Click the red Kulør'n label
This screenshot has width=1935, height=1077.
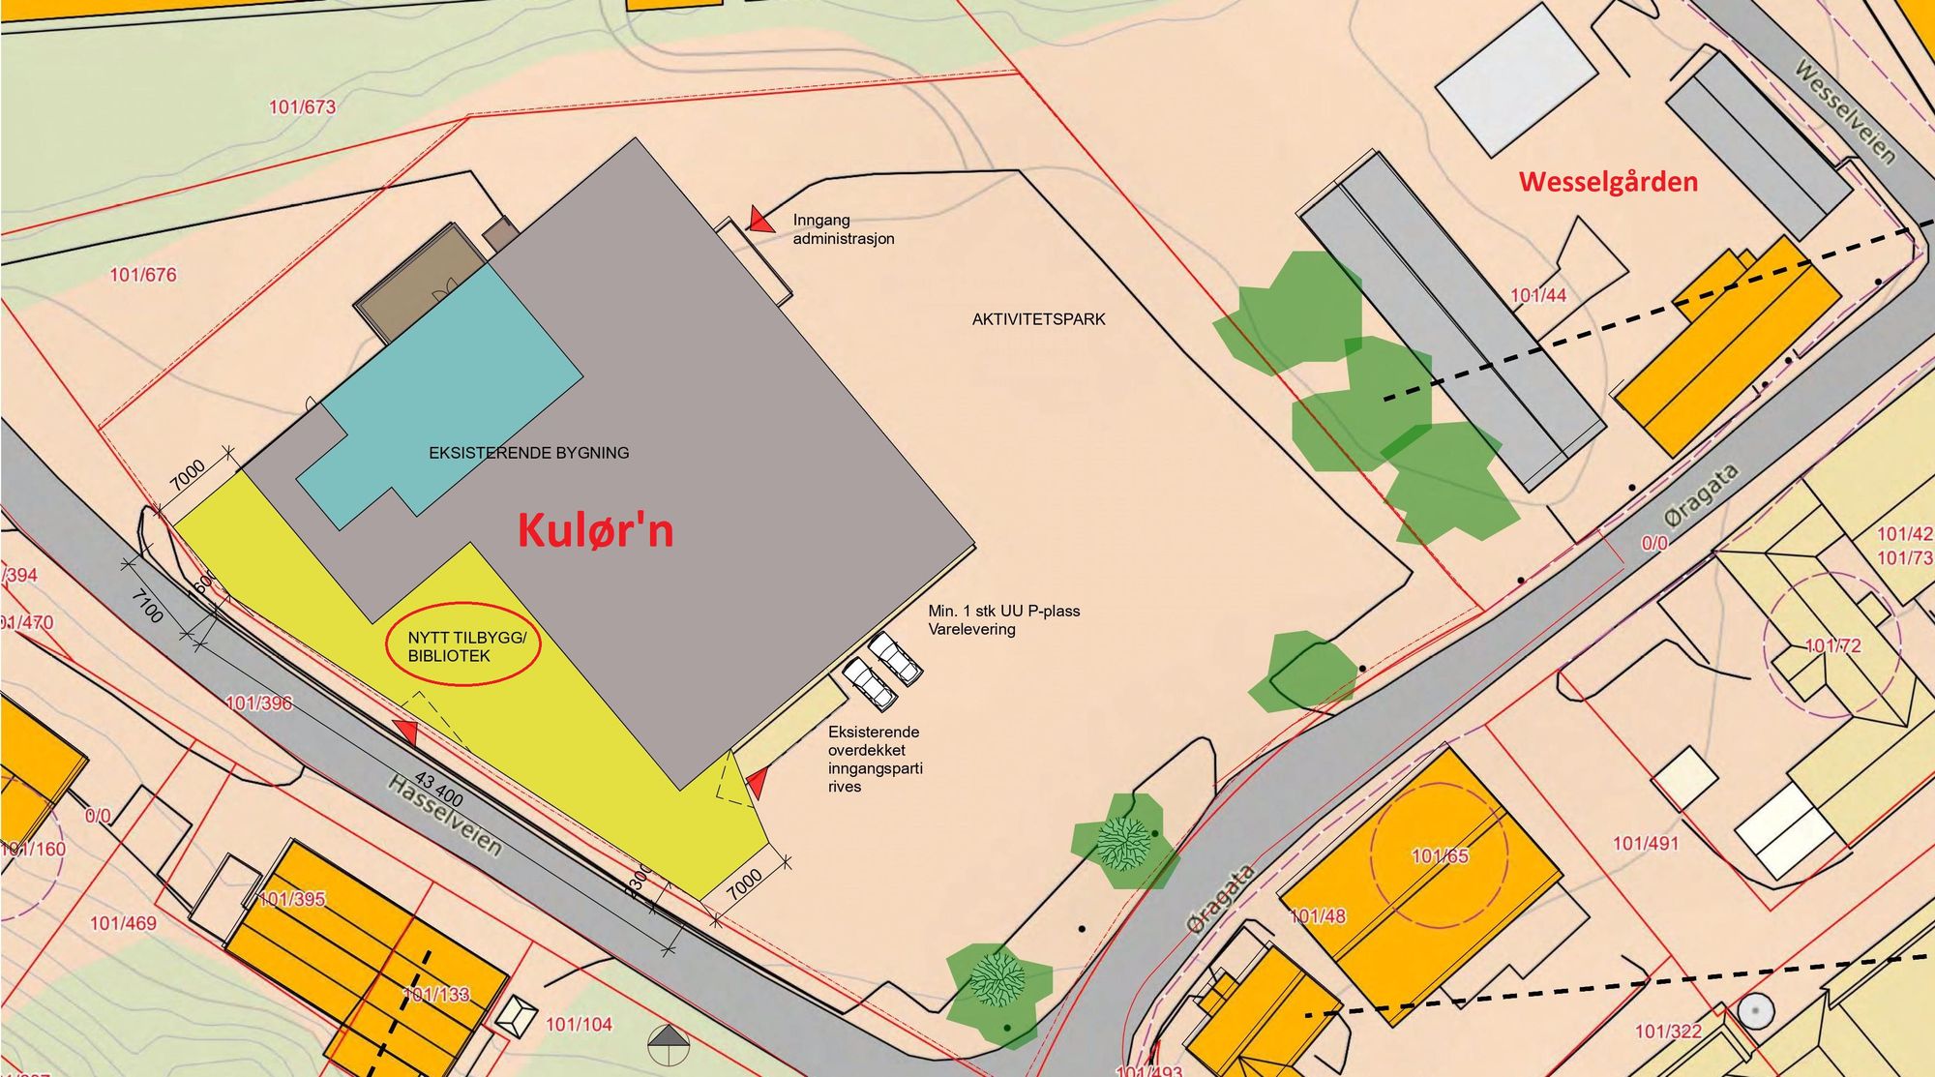coord(595,531)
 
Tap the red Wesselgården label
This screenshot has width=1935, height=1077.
coord(1608,182)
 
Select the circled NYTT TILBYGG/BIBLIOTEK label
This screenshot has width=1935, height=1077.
coord(463,646)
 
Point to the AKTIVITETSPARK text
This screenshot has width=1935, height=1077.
coord(1038,319)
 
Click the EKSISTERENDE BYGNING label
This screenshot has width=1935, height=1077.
coord(528,453)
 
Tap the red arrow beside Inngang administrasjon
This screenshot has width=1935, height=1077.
coord(762,221)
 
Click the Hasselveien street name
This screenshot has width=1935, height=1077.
coord(445,815)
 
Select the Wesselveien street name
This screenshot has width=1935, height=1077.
coord(1843,111)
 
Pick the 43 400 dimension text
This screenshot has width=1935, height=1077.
coord(438,789)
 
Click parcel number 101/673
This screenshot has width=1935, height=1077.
coord(302,106)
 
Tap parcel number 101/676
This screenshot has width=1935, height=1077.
coord(143,275)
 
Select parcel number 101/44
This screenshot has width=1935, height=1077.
coord(1538,295)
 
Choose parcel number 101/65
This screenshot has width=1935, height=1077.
coord(1440,855)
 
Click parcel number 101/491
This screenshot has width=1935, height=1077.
coord(1646,844)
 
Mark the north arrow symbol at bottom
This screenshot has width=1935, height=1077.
coord(667,1041)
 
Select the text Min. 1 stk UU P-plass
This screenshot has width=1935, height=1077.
coord(1003,612)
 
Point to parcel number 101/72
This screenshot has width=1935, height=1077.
coord(1832,646)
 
